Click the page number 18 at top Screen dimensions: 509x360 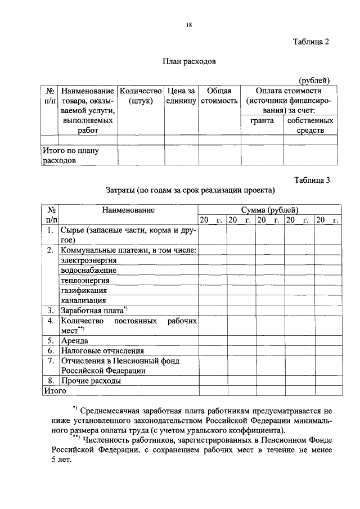189,25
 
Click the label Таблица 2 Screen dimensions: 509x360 310,42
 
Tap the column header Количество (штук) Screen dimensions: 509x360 141,95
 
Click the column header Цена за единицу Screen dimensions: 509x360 181,95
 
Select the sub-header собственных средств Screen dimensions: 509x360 310,125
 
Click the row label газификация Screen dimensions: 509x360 83,290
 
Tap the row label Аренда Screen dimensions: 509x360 74,340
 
